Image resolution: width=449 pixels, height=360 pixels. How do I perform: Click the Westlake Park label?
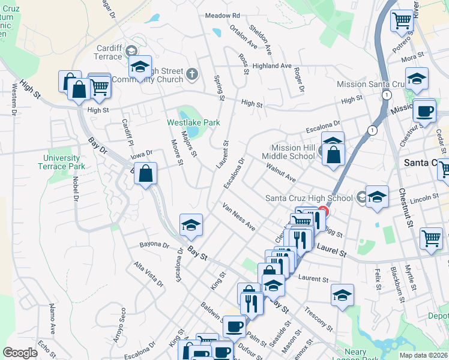193,122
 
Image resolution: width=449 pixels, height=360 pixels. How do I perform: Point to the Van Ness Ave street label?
239,217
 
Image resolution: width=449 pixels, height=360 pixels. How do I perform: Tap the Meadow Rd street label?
222,15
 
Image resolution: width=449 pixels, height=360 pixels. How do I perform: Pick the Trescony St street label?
318,319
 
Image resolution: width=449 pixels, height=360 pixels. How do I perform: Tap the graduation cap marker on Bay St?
191,225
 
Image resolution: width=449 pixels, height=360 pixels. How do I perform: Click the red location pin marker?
323,212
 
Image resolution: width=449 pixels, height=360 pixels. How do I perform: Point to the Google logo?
20,353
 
